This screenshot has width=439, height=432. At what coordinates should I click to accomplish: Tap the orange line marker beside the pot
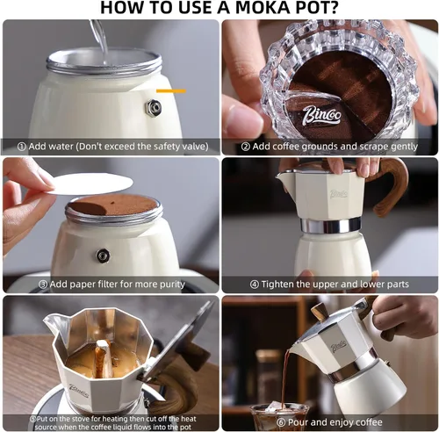coord(171,90)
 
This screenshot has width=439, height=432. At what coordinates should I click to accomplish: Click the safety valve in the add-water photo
coord(154,107)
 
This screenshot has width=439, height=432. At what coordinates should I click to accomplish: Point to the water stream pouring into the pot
coord(98,35)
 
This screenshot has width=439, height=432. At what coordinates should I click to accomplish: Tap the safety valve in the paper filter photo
coord(103,256)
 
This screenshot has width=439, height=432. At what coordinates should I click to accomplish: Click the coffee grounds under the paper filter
coord(112,206)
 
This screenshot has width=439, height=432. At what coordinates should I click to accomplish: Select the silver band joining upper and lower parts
coord(330,226)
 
